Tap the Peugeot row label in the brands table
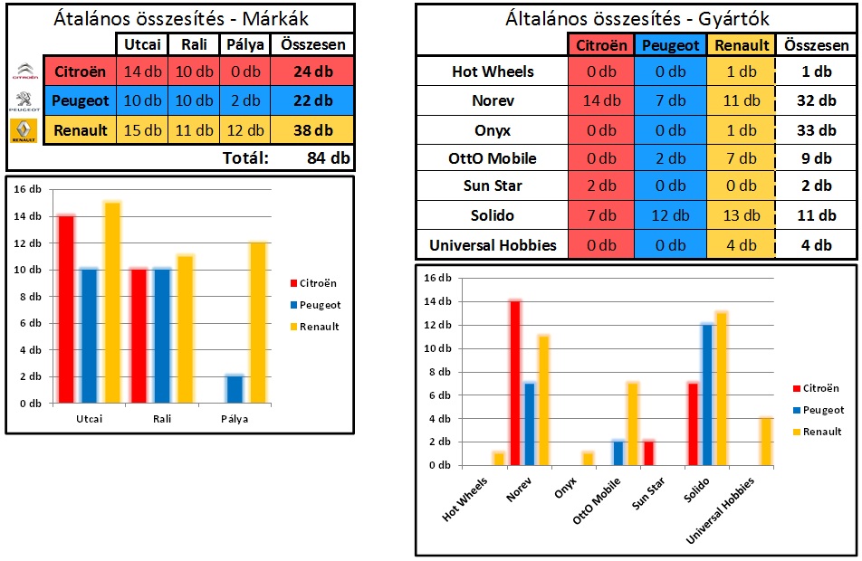81,100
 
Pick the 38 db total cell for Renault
313,130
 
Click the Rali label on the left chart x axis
163,419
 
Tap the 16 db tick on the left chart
29,190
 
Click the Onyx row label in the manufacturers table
493,130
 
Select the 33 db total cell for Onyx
816,130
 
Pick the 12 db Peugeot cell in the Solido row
671,216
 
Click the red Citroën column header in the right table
601,44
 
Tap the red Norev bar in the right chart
515,383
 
